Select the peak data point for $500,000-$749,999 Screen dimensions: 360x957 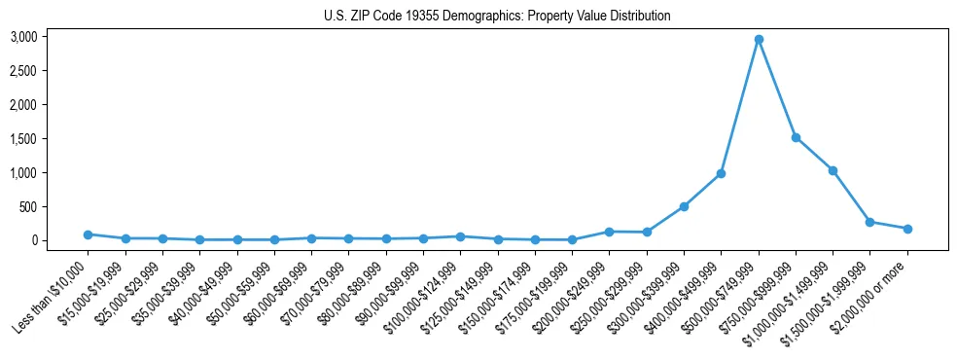coord(759,39)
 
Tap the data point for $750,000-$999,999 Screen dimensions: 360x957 coord(796,137)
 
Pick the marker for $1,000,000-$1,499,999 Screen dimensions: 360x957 coord(833,170)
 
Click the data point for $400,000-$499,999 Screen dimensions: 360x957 coord(721,173)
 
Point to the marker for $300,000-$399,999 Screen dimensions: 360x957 coord(684,206)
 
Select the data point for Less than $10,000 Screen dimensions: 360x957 coord(88,234)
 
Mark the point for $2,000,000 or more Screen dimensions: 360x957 coord(907,229)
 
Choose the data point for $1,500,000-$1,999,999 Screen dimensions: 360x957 coord(869,222)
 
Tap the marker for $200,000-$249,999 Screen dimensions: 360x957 coord(609,232)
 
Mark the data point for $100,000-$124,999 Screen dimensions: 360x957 coord(460,236)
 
